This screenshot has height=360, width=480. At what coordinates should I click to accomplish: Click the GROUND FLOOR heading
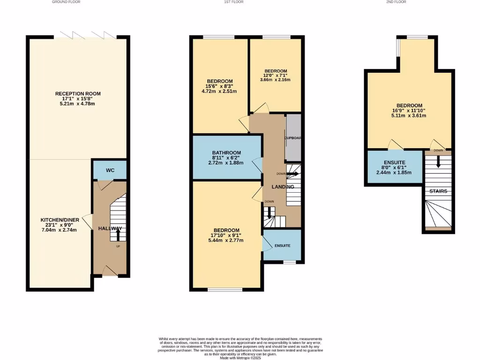[65, 2]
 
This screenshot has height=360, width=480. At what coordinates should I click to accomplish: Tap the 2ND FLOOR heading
[396, 2]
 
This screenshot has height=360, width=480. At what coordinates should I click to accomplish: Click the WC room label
[110, 170]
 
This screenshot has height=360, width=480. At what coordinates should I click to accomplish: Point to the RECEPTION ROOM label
[78, 94]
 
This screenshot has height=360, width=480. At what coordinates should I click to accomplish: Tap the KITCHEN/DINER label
[59, 220]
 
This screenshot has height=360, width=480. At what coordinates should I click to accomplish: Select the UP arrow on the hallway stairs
[117, 234]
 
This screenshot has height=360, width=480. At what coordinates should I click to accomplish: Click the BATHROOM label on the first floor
[226, 153]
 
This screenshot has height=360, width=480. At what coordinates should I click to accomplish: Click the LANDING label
[283, 187]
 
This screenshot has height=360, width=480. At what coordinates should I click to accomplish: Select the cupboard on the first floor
[293, 138]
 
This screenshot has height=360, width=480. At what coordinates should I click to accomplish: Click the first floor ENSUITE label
[282, 246]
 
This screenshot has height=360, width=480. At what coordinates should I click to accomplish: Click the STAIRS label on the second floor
[438, 191]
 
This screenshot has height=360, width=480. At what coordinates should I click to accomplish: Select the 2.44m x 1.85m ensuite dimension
[394, 172]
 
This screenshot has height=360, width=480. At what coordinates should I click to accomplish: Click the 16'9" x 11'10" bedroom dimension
[409, 111]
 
